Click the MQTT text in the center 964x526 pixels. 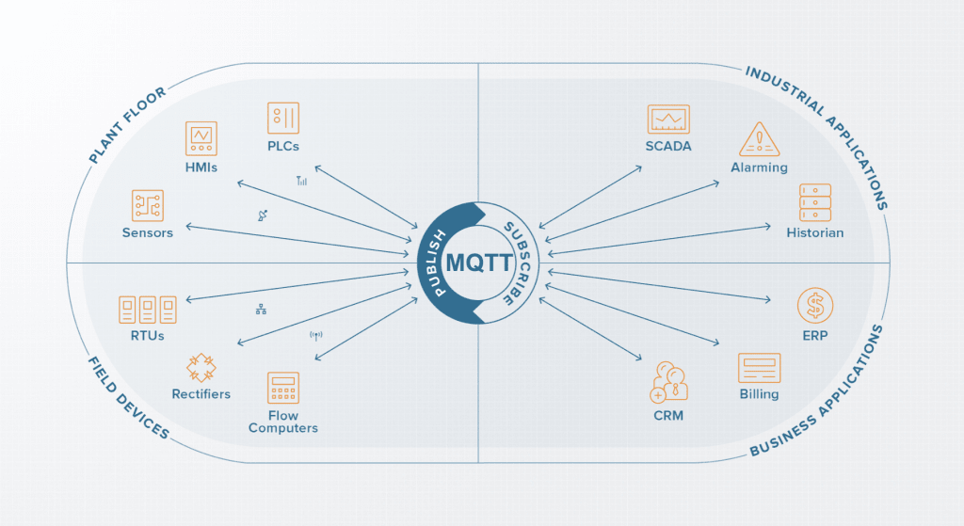479,263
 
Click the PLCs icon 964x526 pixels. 283,118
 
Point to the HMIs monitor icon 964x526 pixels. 201,138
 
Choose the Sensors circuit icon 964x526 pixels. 148,205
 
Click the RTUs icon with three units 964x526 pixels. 148,310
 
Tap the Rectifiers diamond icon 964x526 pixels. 201,368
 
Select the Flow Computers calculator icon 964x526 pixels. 283,388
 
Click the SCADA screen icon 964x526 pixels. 668,120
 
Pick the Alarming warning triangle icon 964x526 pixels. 760,139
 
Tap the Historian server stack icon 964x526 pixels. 815,203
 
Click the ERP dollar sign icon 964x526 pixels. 815,306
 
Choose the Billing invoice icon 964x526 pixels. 760,368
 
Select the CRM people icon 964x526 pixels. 669,382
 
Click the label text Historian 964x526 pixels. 815,233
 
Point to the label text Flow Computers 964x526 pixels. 283,422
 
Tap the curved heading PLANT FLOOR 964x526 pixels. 127,125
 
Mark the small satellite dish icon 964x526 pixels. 263,215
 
